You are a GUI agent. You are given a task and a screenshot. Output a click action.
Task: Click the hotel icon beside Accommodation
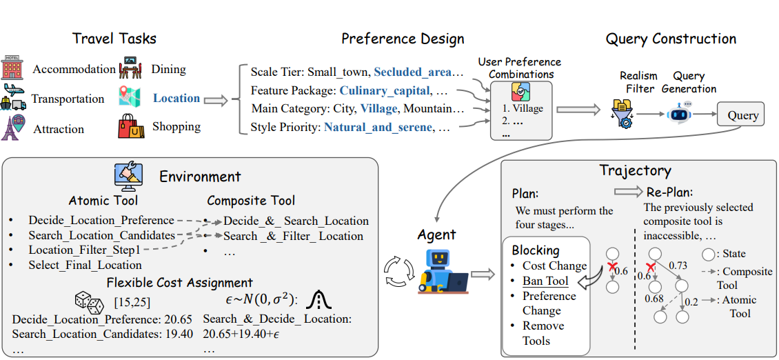coord(13,68)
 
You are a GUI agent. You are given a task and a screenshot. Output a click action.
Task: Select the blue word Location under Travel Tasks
coord(176,98)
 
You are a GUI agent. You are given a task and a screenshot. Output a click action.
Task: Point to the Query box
coord(742,114)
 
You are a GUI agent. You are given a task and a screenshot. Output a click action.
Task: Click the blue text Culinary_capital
coord(384,90)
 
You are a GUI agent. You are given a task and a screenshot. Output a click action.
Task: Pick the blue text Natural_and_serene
coord(378,126)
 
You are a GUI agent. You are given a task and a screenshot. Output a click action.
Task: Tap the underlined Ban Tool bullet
coord(545,281)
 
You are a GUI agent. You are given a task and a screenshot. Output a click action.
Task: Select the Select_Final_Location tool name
coord(85,265)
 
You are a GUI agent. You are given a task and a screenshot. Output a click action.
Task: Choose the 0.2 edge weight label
coord(692,302)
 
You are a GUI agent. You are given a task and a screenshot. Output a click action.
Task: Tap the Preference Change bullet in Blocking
coord(549,303)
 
